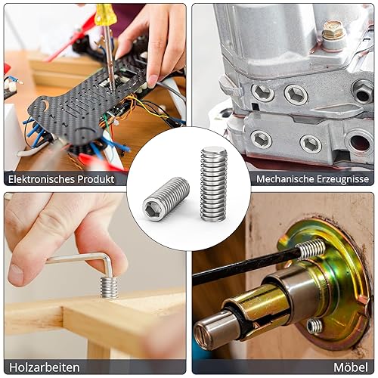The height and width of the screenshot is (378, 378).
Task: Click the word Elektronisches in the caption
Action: [x=42, y=179]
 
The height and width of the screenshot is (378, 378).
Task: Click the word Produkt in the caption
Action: [x=96, y=179]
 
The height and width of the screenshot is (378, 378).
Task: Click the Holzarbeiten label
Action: [x=45, y=367]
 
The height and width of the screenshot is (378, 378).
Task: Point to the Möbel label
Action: [x=351, y=367]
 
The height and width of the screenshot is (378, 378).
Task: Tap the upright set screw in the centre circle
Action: [x=213, y=184]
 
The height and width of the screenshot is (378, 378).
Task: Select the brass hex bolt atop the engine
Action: [x=333, y=31]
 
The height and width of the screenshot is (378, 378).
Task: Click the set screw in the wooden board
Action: [x=109, y=287]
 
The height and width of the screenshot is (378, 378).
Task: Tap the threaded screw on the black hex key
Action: [x=311, y=248]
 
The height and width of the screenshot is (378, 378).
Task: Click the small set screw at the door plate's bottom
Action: [x=314, y=326]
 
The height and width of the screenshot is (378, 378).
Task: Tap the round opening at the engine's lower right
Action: [x=360, y=143]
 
